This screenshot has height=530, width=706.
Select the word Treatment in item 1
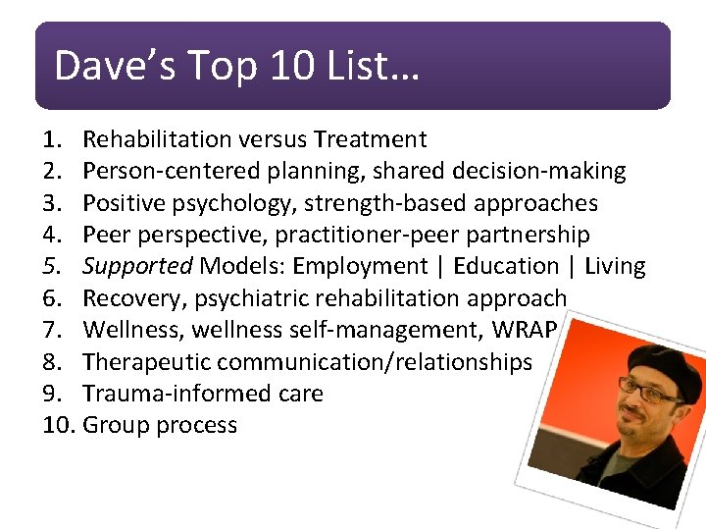[371, 140]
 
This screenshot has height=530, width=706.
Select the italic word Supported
[136, 266]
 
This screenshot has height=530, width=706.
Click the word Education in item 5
[506, 266]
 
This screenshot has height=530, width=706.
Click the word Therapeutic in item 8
[147, 361]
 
